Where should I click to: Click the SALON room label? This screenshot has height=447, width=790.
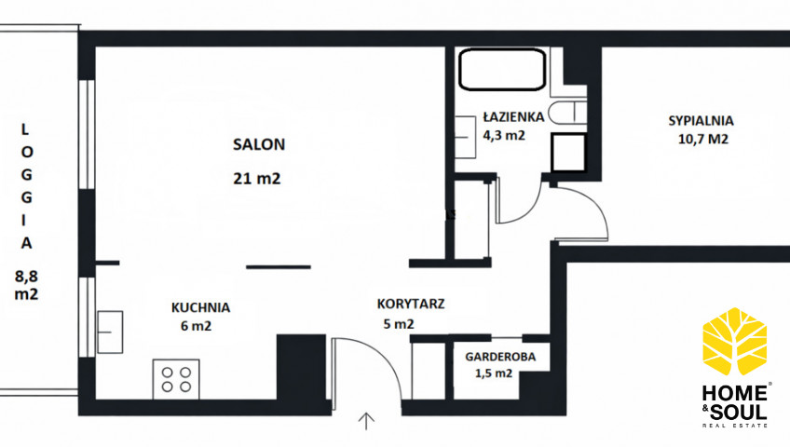click(x=259, y=144)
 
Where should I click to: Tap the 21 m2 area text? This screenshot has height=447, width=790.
click(x=257, y=178)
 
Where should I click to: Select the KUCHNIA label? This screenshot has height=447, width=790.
click(x=200, y=307)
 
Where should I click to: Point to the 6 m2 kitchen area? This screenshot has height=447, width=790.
click(x=196, y=326)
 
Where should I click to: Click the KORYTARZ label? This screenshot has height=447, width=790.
click(x=411, y=304)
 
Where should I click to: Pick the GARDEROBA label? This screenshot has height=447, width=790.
click(x=500, y=357)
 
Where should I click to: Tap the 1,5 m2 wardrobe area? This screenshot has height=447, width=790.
click(x=494, y=373)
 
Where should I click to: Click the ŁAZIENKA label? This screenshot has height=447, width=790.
click(x=514, y=116)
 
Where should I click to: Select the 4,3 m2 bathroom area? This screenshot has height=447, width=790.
click(x=504, y=135)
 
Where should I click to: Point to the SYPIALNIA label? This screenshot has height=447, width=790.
click(x=701, y=121)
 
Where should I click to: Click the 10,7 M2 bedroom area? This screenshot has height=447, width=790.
click(x=702, y=139)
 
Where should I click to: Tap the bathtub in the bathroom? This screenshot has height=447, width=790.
click(x=502, y=70)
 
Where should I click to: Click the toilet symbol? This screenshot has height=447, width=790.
click(x=566, y=113)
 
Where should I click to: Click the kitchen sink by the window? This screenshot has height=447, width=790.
click(x=110, y=332)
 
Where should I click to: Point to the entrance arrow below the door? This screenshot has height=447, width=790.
click(x=366, y=422)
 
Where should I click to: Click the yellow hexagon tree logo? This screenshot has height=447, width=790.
click(x=735, y=341)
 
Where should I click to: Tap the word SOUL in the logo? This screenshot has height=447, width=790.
click(x=739, y=413)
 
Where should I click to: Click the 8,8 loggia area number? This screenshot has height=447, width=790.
click(x=26, y=277)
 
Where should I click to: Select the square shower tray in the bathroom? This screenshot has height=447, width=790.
click(x=569, y=153)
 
